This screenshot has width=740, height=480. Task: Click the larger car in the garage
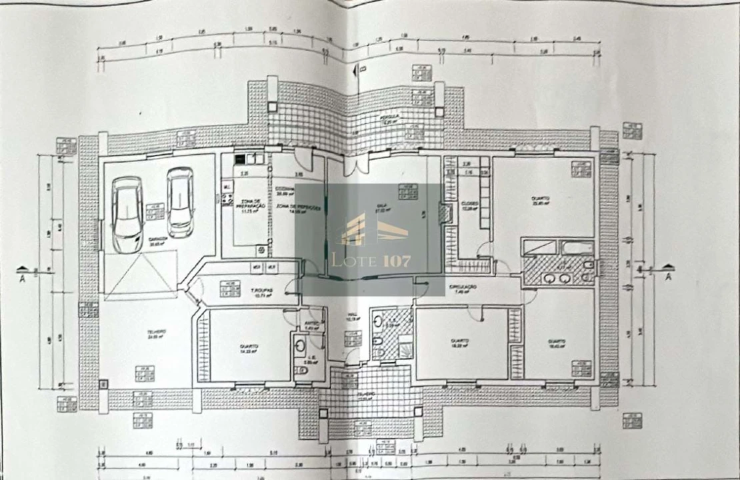[127, 215]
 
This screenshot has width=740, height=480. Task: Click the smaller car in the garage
[180, 202]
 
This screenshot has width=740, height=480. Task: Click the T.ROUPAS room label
[260, 291]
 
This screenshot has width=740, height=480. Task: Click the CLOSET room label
[470, 203]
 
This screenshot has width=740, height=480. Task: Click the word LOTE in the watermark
[347, 261]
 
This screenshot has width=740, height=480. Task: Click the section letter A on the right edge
[668, 276]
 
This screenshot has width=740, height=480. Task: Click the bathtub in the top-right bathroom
[577, 249]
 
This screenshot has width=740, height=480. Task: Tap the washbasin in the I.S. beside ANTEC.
[300, 345]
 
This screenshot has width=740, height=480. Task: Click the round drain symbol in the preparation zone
[261, 251]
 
